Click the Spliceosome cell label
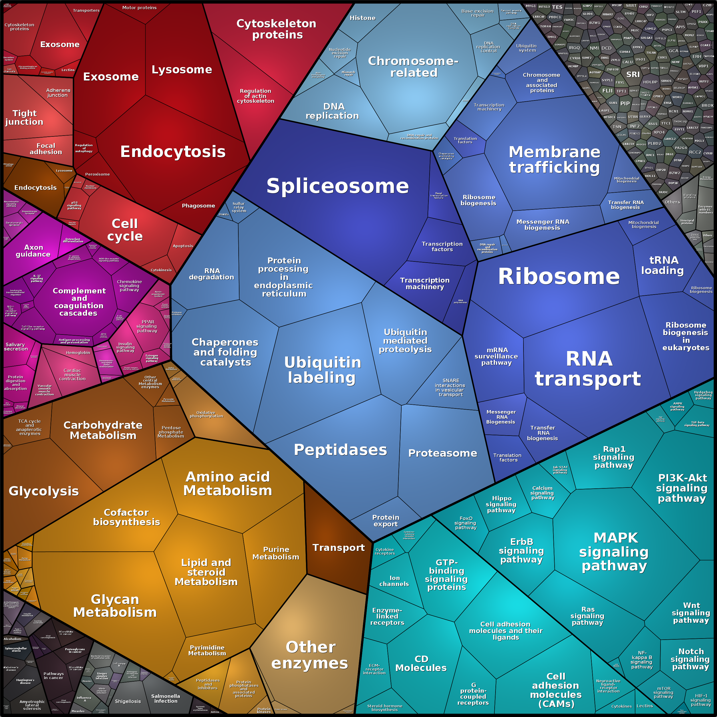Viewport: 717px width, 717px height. pyautogui.click(x=337, y=186)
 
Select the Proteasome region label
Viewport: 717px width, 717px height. pyautogui.click(x=442, y=453)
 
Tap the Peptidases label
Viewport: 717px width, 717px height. pyautogui.click(x=340, y=450)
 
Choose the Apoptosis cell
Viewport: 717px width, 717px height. pyautogui.click(x=183, y=246)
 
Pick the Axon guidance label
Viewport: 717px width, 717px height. pyautogui.click(x=33, y=251)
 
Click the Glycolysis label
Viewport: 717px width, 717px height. pyautogui.click(x=44, y=491)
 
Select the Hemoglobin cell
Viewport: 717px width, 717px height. pyautogui.click(x=78, y=353)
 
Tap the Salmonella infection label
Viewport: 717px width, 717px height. pyautogui.click(x=166, y=698)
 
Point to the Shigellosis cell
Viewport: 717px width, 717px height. pyautogui.click(x=128, y=701)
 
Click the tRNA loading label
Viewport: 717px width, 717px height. pyautogui.click(x=662, y=265)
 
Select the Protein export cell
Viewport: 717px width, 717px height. pyautogui.click(x=386, y=521)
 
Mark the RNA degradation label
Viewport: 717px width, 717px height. pyautogui.click(x=212, y=274)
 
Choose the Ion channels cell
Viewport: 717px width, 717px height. pyautogui.click(x=394, y=581)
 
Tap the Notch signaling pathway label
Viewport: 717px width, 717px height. pyautogui.click(x=690, y=659)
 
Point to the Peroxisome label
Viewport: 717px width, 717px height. pyautogui.click(x=97, y=174)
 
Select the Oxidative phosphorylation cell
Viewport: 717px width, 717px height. pyautogui.click(x=206, y=414)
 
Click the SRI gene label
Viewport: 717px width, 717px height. pyautogui.click(x=633, y=74)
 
